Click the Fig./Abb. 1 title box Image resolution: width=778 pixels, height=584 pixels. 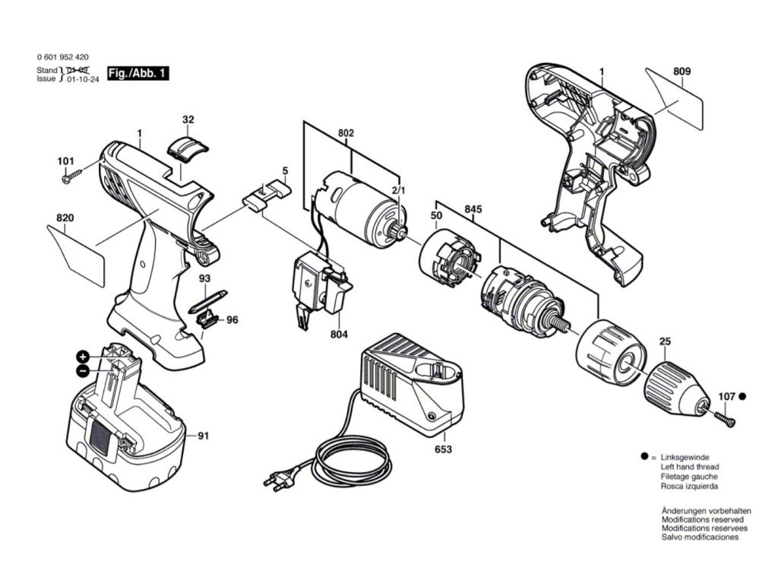point(137,74)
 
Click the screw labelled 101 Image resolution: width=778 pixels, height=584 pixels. point(73,176)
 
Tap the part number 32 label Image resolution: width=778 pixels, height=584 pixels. point(188,119)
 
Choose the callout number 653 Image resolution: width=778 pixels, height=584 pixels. point(443,449)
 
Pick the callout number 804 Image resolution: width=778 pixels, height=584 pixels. point(339,334)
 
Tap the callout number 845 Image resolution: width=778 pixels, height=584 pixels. point(473,208)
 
